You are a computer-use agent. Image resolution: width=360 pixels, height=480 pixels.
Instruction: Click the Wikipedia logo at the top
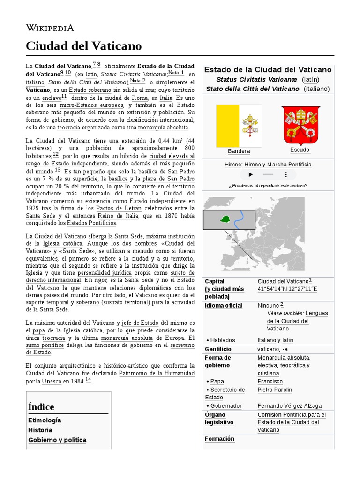50,28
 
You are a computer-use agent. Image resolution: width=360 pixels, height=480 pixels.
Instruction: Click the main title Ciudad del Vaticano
83,46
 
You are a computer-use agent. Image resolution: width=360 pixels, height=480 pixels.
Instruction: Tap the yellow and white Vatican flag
239,125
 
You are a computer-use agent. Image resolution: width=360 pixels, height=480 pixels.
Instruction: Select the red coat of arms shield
300,125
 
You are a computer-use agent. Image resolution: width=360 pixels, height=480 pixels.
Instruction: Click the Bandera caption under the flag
239,151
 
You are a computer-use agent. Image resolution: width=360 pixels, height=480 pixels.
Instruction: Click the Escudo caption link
300,150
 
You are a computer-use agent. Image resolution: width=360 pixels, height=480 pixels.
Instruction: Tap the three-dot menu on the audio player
286,174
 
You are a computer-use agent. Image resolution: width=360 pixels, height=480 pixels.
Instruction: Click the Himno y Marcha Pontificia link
277,165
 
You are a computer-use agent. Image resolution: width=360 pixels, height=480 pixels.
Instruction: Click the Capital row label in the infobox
215,281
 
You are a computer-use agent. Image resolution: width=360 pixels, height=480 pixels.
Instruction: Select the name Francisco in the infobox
270,381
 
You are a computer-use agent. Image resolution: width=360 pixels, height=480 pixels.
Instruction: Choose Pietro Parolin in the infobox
275,390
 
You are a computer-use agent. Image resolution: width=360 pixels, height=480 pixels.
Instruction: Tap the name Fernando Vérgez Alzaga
290,405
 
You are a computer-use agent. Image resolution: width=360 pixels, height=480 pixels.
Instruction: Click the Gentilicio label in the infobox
218,349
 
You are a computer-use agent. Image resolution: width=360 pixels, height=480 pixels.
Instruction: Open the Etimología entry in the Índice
45,420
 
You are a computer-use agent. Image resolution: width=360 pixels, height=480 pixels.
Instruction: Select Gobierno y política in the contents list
57,440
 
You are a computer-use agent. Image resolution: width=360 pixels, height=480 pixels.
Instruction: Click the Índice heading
41,407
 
